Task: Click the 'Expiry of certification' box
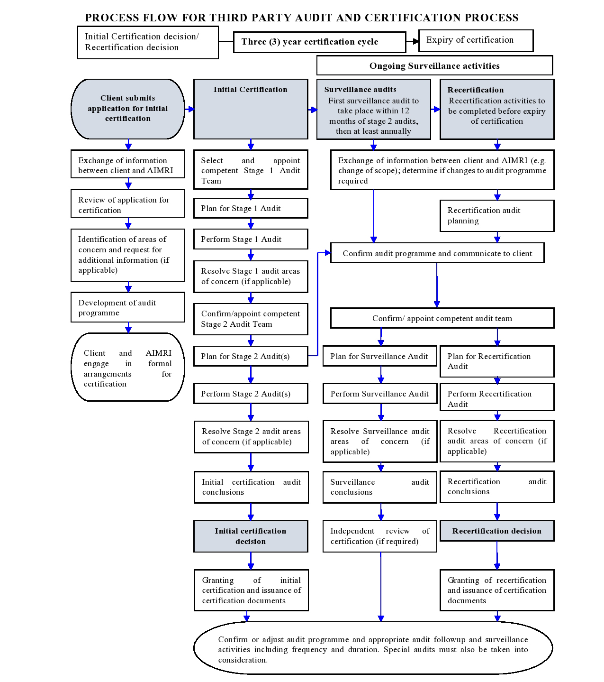[476, 40]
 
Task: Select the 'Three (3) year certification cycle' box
[319, 42]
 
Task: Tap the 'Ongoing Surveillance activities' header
[434, 66]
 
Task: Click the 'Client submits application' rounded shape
[128, 109]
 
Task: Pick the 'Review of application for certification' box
[128, 204]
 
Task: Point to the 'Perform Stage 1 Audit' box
[251, 240]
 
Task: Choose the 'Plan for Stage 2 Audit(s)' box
[251, 356]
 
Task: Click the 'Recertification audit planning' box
[497, 215]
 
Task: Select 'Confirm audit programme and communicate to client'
[437, 253]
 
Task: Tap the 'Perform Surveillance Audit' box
[380, 394]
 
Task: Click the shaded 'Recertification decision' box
[497, 531]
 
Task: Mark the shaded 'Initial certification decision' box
[251, 536]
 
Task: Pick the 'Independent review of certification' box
[380, 536]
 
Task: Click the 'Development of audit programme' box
[128, 307]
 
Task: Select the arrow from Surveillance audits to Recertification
[436, 110]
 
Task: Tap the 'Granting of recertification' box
[497, 590]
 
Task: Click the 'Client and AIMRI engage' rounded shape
[128, 368]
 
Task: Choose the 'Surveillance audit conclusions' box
[380, 487]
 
